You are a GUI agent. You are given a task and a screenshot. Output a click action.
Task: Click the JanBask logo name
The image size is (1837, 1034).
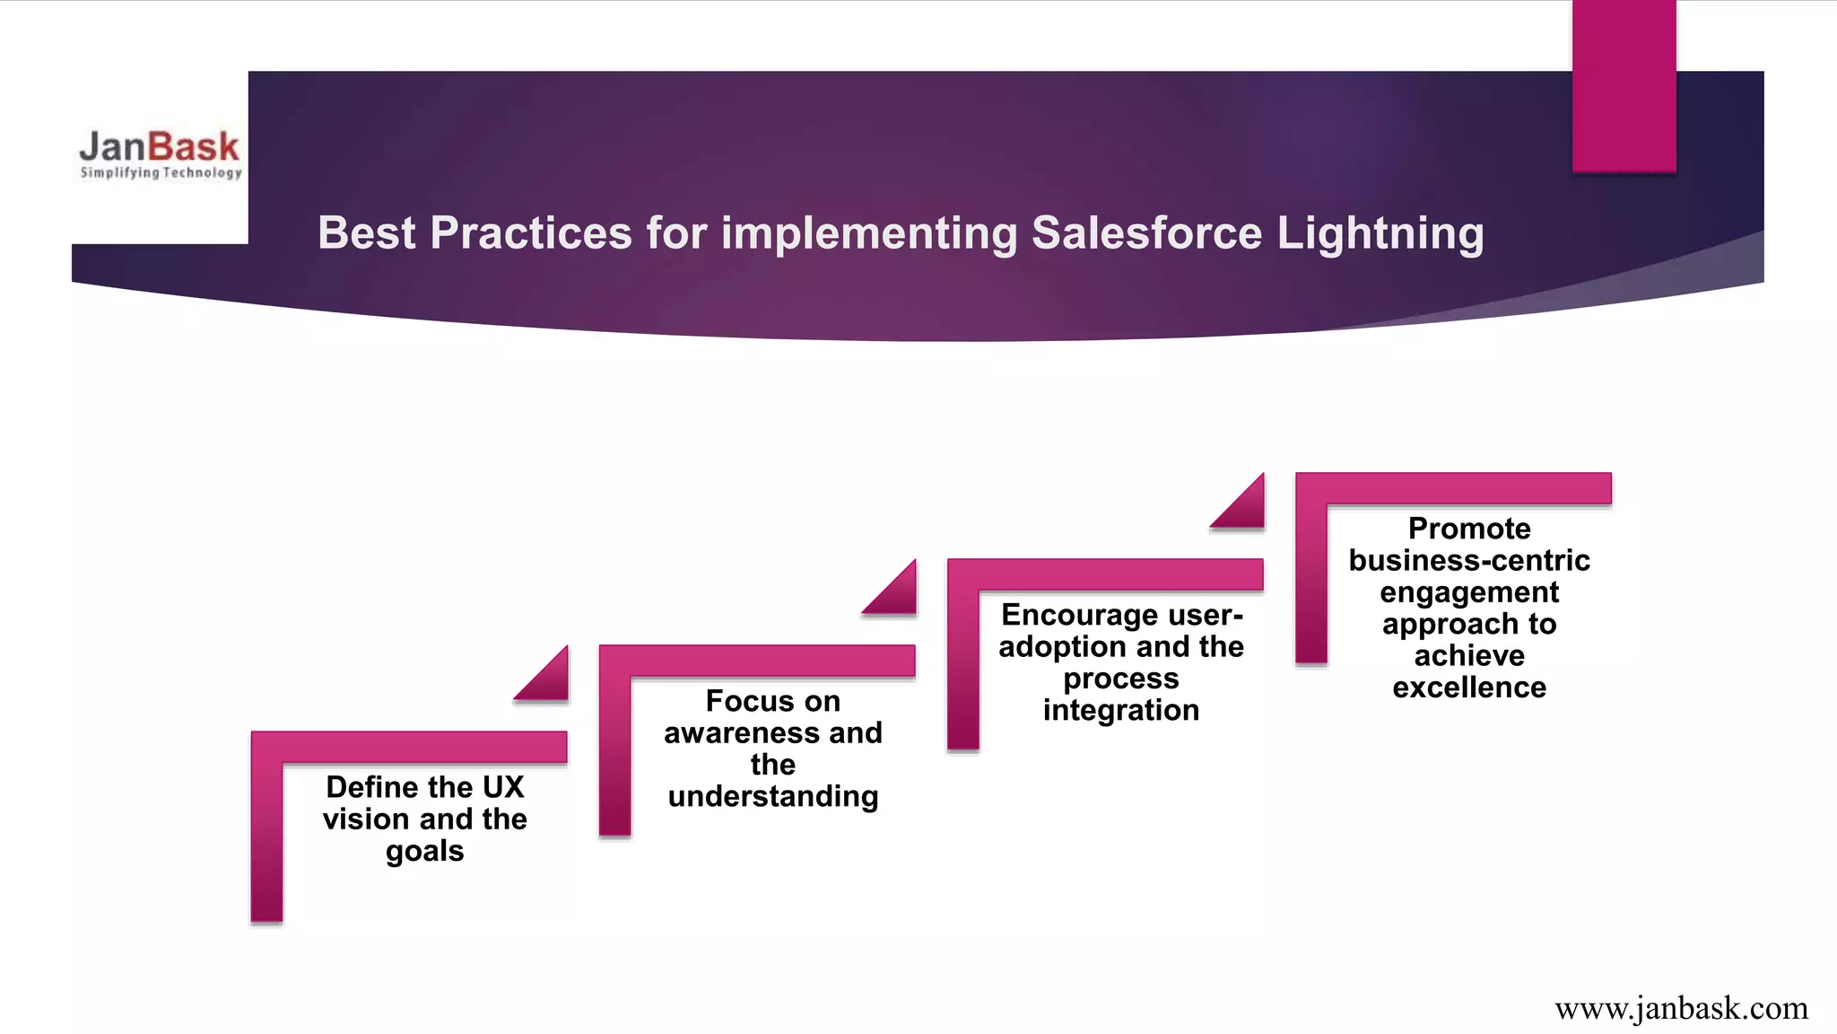tap(159, 146)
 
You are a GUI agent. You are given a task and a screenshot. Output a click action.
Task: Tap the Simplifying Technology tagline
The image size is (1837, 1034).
tap(161, 172)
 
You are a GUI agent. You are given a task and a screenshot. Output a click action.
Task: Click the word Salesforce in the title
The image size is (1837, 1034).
tap(1146, 233)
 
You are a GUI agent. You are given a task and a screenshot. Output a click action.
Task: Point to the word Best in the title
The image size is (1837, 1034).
tap(366, 233)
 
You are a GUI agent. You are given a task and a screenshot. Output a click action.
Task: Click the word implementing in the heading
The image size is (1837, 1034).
tap(868, 233)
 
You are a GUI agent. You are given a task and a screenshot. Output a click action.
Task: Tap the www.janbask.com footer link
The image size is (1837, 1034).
tap(1681, 1008)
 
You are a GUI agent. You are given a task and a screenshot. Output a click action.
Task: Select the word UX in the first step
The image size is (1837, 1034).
tap(502, 787)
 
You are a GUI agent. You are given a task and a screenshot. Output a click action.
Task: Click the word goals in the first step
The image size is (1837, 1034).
tap(425, 851)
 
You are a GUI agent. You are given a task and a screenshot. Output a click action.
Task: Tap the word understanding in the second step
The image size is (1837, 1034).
tap(773, 796)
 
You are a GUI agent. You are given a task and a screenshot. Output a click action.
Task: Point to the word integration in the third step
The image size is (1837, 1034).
tap(1121, 710)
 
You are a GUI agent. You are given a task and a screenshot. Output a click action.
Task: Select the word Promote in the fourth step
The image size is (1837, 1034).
tap(1469, 529)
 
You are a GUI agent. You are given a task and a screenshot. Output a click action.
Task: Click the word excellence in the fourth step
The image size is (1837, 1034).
tap(1469, 688)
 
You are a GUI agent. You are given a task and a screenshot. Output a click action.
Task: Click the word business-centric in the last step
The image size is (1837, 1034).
tap(1469, 560)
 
